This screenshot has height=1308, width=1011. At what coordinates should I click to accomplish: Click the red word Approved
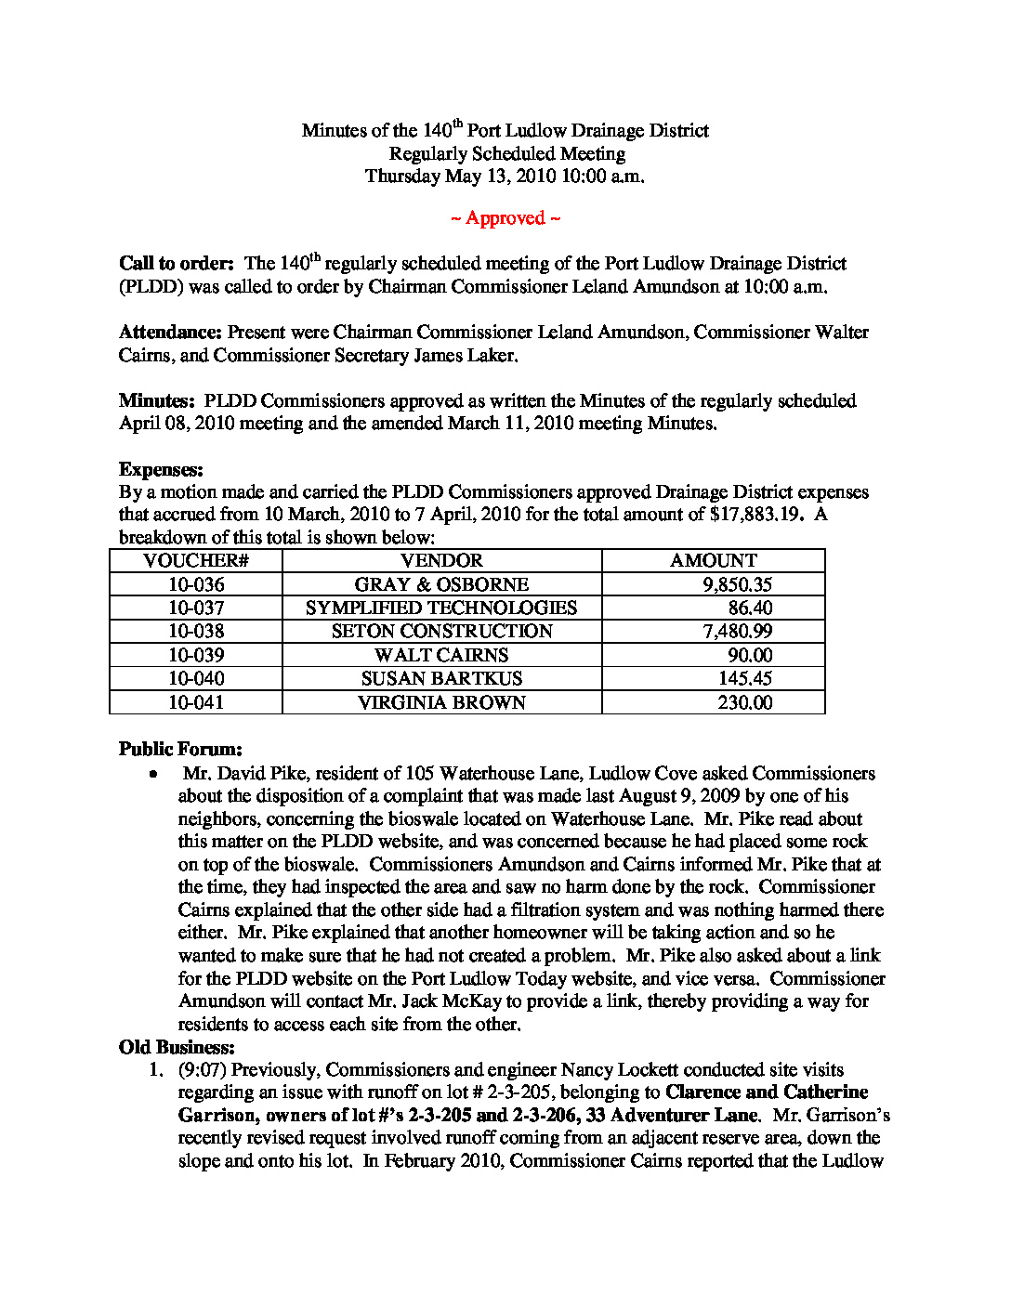[x=505, y=218]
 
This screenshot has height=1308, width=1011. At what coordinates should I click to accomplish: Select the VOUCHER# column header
[x=196, y=561]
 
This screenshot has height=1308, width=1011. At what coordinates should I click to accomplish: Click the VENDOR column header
[x=441, y=561]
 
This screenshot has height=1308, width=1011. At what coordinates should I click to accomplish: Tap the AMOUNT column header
[x=713, y=561]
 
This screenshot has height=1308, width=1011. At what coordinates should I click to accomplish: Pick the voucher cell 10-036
[x=196, y=584]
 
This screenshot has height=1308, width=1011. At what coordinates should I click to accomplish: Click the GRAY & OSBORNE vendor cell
[x=441, y=584]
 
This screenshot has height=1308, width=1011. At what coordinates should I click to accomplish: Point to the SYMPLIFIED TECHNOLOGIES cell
[x=441, y=608]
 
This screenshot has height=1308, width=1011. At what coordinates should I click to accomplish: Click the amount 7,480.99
[x=737, y=632]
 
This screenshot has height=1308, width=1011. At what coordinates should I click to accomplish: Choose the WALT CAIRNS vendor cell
[x=441, y=655]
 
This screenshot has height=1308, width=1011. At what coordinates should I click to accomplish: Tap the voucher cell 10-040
[x=196, y=679]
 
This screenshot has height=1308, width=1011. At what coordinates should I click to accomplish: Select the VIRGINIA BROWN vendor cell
[x=441, y=702]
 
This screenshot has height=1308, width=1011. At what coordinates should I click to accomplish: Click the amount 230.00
[x=744, y=702]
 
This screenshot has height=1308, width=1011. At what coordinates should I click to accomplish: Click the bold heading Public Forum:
[x=180, y=749]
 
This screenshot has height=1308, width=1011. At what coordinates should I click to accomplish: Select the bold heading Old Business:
[x=177, y=1047]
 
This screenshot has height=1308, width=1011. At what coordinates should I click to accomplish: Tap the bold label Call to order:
[x=176, y=264]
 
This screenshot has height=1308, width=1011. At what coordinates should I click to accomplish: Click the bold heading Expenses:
[x=161, y=469]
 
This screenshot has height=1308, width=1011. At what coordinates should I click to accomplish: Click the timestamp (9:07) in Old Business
[x=203, y=1070]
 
